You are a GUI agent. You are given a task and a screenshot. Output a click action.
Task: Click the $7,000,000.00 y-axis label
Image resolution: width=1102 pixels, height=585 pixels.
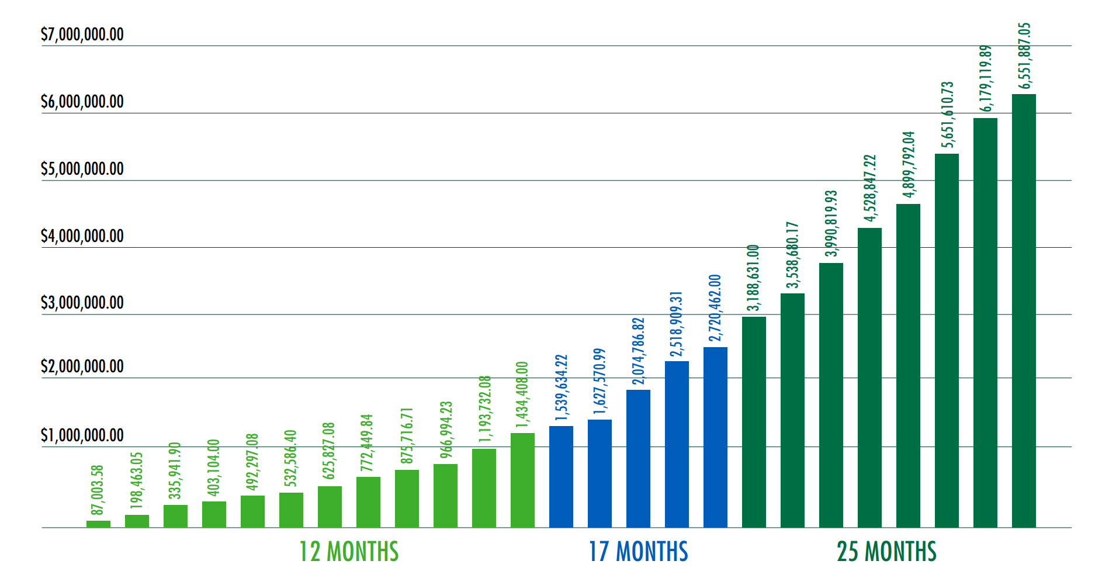point(82,34)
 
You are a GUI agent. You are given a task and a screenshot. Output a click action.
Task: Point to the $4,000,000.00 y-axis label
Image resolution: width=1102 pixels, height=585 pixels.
point(82,236)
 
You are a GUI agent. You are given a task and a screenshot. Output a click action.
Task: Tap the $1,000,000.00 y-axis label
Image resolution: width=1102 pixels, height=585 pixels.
point(82,435)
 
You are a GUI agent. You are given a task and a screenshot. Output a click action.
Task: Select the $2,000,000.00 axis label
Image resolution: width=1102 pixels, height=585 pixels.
point(82,366)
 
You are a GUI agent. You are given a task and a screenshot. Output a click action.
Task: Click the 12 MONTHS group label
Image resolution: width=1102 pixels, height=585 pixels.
point(349,552)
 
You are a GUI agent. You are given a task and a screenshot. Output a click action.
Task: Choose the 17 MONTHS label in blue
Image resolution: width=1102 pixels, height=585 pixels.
point(638,552)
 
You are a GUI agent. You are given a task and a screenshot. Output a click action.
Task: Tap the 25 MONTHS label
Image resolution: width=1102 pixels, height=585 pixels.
point(886,552)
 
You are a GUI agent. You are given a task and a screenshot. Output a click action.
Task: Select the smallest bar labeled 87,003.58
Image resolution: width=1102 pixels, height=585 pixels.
point(98,524)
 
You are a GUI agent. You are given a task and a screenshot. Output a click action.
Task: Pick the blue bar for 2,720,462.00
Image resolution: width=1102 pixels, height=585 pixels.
point(715,437)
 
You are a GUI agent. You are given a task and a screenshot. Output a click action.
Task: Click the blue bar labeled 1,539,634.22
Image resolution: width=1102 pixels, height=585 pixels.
point(561,477)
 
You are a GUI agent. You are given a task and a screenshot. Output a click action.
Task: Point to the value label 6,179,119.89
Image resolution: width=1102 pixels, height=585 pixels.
point(986,78)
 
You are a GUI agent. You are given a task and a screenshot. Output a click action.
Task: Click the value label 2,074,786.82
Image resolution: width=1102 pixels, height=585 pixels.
point(639,351)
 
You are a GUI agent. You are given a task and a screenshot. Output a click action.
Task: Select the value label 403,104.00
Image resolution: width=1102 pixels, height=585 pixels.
point(214,468)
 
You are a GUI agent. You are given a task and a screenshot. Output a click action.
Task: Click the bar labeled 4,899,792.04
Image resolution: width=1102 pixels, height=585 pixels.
point(908,366)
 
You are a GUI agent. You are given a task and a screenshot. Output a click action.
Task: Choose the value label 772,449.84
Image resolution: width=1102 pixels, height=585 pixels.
point(367,443)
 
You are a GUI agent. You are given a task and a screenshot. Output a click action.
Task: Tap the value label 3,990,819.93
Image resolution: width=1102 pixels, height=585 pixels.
point(831,223)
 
